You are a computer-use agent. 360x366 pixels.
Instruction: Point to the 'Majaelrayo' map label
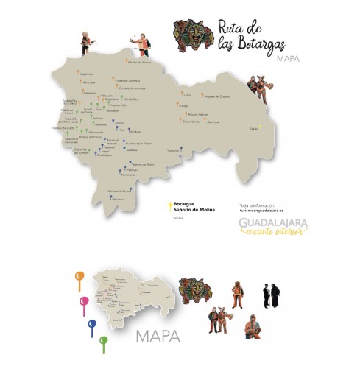(87, 74)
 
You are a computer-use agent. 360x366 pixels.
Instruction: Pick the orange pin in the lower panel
(77, 278)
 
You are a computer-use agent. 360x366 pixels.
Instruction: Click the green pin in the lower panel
(103, 340)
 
